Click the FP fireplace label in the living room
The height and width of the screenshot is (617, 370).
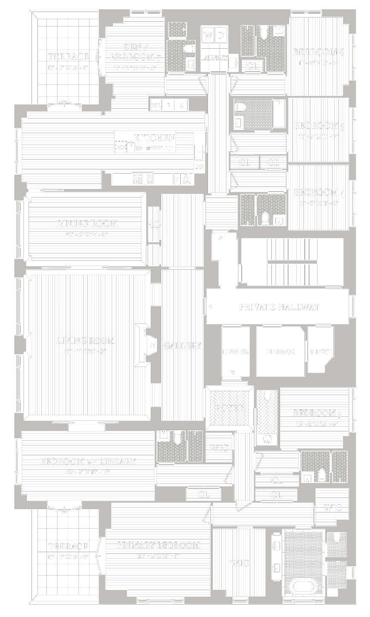coord(152,345)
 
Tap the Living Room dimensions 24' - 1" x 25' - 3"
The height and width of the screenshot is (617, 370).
coord(85,351)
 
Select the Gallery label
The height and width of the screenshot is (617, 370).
coord(182,346)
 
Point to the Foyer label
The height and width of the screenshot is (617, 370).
coord(229,408)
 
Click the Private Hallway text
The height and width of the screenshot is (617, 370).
coord(279,307)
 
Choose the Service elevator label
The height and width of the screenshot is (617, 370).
coord(321,352)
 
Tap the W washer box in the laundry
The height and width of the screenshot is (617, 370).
coord(208,36)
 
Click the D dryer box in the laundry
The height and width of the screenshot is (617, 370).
coord(221,36)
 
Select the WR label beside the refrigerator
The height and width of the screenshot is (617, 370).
coord(156,105)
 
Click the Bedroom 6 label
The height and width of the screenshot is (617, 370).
coord(318,52)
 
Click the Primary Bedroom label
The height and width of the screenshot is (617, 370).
coord(158,545)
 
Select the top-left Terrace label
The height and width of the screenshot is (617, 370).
coord(68,57)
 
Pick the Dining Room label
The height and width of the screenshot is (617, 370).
coord(87,224)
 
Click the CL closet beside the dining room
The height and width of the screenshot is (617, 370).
coord(154,224)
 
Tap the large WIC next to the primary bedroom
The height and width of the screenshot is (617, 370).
coord(239,563)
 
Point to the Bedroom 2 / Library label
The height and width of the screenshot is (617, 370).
coord(88,461)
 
